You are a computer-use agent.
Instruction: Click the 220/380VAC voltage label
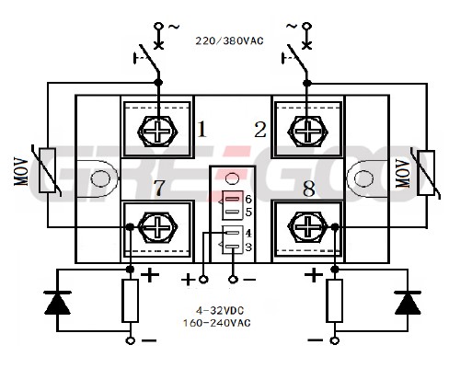(x=229, y=40)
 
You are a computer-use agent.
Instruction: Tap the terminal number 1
(x=201, y=129)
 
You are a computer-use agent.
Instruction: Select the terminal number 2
(x=260, y=130)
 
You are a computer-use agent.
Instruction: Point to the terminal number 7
(x=159, y=188)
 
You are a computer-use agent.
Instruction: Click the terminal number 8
(x=309, y=189)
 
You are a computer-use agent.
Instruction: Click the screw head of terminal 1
(x=157, y=132)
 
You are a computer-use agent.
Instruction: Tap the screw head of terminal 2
(x=307, y=132)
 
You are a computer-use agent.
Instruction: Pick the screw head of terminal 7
(x=157, y=227)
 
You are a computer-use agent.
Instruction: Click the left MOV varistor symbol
(x=48, y=170)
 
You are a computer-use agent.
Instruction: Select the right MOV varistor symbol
(x=426, y=172)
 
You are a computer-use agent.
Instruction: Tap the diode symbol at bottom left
(x=57, y=303)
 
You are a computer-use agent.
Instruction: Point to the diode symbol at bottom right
(x=408, y=303)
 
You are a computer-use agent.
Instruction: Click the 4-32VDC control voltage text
(x=220, y=311)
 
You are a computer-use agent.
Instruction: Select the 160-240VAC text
(x=217, y=323)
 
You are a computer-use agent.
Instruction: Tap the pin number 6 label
(x=248, y=200)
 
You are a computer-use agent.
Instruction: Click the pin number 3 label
(x=248, y=247)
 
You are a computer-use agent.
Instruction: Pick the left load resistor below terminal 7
(x=131, y=301)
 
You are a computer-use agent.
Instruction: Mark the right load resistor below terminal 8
(x=335, y=301)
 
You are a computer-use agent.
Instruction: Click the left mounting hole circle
(x=101, y=178)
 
